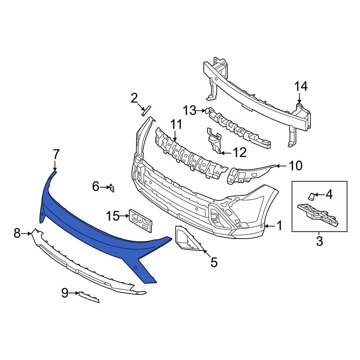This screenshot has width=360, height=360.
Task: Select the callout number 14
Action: [301, 86]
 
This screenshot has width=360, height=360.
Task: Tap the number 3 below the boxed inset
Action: [319, 241]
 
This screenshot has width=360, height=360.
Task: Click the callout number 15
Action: [113, 216]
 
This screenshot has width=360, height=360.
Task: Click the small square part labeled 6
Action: [112, 188]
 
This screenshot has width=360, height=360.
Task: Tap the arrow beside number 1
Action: [269, 226]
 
